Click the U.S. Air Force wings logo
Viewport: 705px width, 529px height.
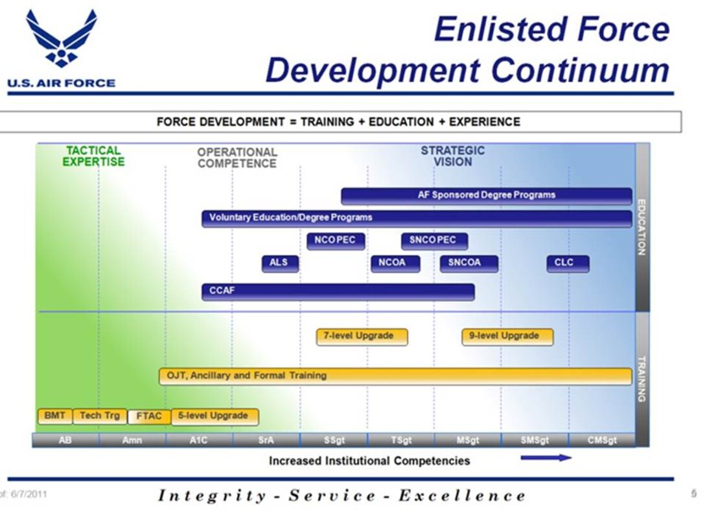tap(61, 39)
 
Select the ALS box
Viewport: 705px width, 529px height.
tap(280, 263)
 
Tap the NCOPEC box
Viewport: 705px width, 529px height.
tap(336, 241)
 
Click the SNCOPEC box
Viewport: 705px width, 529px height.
tap(434, 241)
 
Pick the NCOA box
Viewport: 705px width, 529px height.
tap(395, 263)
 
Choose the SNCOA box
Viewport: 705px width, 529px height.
tap(469, 263)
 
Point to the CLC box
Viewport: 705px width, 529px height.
tap(568, 263)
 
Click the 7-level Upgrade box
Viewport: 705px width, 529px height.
tap(362, 336)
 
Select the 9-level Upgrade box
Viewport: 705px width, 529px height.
tap(507, 336)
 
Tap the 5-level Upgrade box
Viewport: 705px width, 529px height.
tap(215, 416)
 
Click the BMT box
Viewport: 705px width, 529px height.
tap(55, 416)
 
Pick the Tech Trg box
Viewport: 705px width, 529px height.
tap(100, 416)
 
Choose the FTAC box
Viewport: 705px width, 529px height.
tap(149, 417)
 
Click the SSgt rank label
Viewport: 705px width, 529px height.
tap(334, 440)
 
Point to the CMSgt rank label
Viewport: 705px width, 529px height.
tap(601, 440)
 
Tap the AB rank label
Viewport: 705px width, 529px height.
tap(65, 440)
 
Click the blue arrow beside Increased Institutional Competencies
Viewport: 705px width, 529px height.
tap(546, 458)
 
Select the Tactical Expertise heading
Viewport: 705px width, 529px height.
tap(93, 156)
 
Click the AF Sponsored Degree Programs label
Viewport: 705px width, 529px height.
tap(487, 194)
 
